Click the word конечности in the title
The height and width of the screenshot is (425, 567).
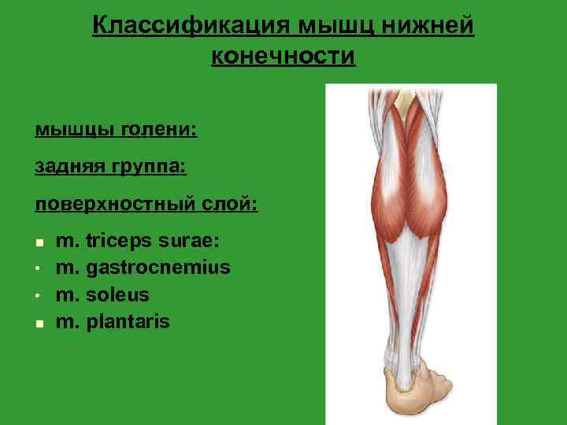pos(283,57)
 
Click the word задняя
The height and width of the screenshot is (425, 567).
pos(65,166)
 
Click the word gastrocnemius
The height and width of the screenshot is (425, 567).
pos(158,268)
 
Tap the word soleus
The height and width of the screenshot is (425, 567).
pos(117,295)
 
